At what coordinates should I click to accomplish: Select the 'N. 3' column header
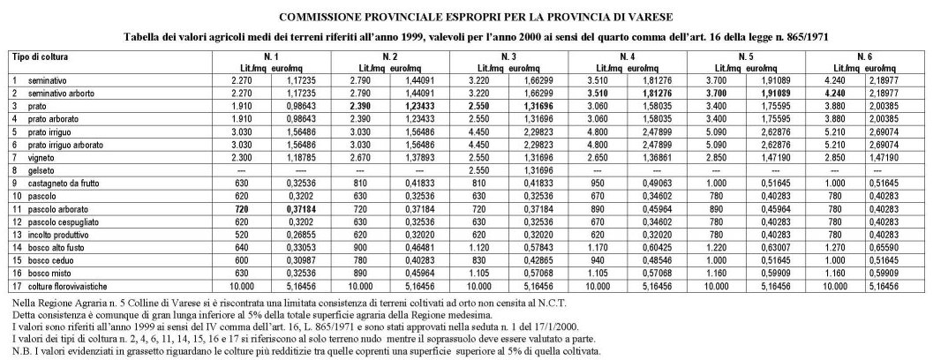pos(508,56)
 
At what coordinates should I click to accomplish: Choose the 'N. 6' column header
pos(864,56)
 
